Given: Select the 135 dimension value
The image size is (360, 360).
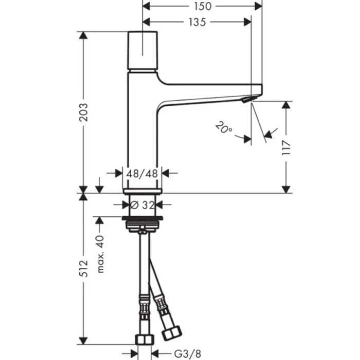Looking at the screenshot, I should pyautogui.click(x=196, y=22).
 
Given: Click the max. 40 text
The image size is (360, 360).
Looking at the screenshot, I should pyautogui.click(x=100, y=255).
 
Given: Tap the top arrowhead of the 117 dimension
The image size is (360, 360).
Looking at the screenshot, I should pyautogui.click(x=287, y=104).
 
